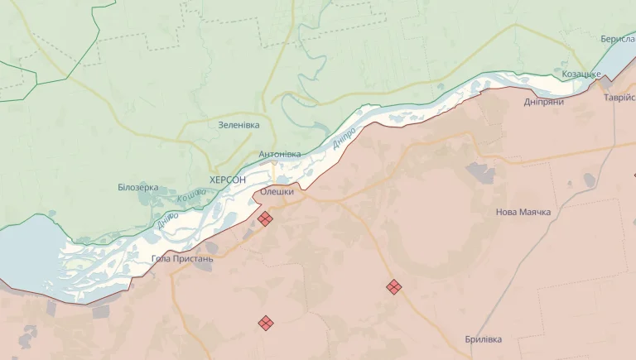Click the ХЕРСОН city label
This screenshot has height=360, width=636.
(x=228, y=180)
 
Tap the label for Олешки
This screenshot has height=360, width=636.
(x=277, y=192)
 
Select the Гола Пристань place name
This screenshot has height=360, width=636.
(x=182, y=258)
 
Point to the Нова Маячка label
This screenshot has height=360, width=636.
(x=523, y=212)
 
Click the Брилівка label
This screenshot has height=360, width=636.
(x=483, y=339)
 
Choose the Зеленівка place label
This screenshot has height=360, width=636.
(x=238, y=125)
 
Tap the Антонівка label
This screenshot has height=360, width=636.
(x=279, y=154)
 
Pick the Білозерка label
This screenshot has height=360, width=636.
(x=137, y=187)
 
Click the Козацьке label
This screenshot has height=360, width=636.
(x=581, y=74)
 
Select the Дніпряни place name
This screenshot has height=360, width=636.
(x=544, y=102)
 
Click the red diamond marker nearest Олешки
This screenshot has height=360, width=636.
(x=265, y=218)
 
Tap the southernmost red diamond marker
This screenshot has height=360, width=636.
(x=266, y=323)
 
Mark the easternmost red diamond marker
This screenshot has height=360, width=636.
(x=394, y=286)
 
